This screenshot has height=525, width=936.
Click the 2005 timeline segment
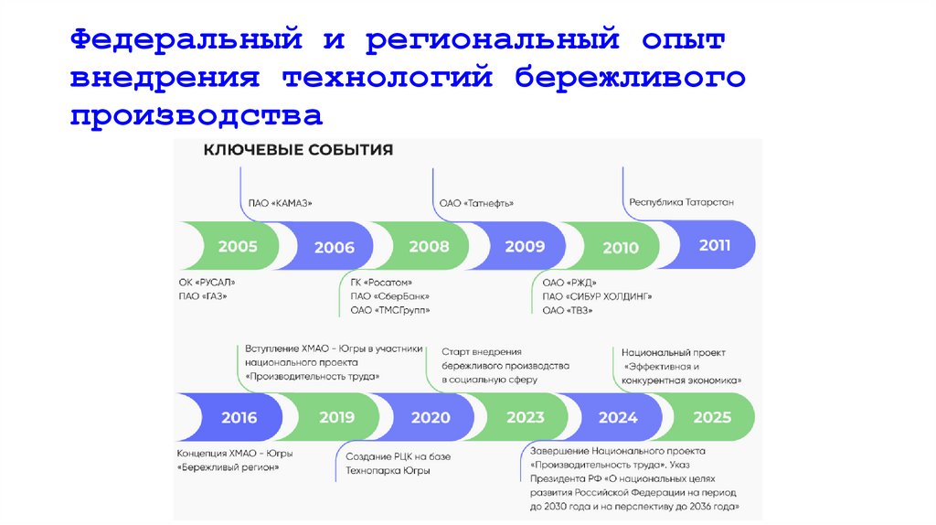click(237, 246)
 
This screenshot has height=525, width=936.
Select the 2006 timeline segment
click(334, 247)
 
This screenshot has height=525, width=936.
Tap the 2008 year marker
click(429, 246)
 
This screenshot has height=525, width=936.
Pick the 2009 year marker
click(525, 246)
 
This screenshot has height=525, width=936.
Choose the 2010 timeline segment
click(621, 247)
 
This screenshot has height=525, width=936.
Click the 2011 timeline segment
click(714, 245)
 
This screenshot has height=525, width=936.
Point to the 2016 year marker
click(239, 418)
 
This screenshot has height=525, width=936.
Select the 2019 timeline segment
click(336, 417)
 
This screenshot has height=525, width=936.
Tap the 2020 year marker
click(431, 418)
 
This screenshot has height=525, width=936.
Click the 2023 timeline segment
click(526, 418)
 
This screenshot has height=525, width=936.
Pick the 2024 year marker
click(618, 418)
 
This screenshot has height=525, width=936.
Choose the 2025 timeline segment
click(712, 417)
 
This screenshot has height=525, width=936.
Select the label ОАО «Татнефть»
click(476, 203)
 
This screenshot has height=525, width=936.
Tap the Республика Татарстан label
click(681, 202)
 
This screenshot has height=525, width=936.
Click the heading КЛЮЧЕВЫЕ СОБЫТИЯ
click(298, 150)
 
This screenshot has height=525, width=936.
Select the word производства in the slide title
click(197, 114)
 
